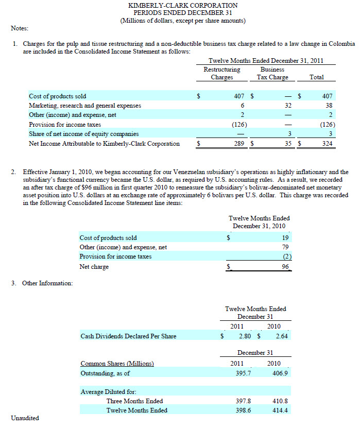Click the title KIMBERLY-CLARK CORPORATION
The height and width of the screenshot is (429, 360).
tap(183, 5)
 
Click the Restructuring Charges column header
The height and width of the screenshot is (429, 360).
tap(222, 73)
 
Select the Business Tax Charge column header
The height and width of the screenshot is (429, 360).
tap(272, 73)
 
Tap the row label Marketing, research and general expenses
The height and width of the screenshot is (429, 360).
tap(85, 106)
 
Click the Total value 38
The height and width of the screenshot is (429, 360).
tap(329, 106)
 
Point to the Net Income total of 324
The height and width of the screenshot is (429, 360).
tap(328, 144)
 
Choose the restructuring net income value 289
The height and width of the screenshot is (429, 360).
tap(238, 144)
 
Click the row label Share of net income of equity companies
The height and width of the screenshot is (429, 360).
tap(83, 134)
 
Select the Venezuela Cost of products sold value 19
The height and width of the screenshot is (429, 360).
tap(285, 238)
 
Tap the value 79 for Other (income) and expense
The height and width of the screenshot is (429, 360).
tap(285, 247)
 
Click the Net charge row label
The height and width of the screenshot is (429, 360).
tap(94, 267)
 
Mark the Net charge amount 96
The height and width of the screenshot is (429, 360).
tap(285, 267)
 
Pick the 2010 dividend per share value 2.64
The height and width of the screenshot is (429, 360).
tap(281, 336)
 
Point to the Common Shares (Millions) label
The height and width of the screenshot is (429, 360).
tap(117, 364)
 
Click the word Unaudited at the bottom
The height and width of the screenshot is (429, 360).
tap(25, 418)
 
